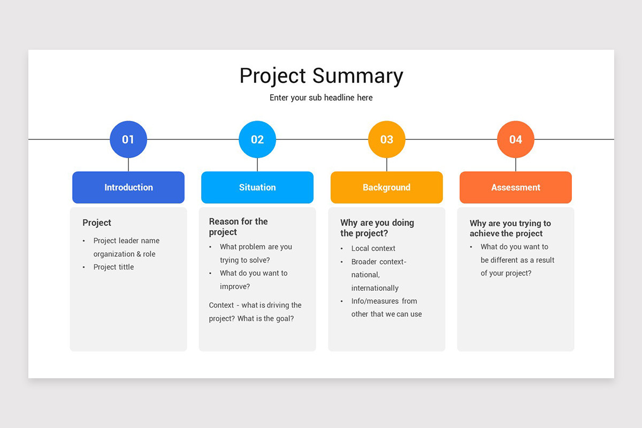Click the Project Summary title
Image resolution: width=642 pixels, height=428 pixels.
coord(321,76)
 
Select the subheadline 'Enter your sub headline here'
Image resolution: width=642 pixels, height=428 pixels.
coord(321,98)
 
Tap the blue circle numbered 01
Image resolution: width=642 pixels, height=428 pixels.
coord(128,140)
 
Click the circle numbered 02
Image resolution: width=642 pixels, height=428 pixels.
coord(257,140)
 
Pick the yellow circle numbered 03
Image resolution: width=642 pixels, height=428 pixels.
coord(387,140)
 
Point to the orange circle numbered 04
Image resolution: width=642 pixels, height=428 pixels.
coord(516,140)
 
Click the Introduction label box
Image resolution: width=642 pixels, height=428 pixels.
coord(128,187)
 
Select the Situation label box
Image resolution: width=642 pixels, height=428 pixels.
coord(257,187)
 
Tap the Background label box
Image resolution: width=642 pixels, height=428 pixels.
coord(387,187)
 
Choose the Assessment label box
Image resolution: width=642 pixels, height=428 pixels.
coord(516,187)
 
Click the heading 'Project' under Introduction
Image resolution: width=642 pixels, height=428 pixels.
coord(97,223)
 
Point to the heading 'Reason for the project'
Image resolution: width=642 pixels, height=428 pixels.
coord(238,227)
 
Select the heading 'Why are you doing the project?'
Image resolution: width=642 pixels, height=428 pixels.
coord(377,228)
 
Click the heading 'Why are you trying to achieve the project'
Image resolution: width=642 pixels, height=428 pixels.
coord(510,228)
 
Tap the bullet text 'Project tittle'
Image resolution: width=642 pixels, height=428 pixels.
coord(113,267)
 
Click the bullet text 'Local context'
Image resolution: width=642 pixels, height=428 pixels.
coord(373,248)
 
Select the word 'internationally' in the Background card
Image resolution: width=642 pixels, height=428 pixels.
coord(374,288)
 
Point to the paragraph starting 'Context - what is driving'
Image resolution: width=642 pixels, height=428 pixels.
coord(255,312)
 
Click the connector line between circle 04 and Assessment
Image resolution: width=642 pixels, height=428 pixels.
coord(516,165)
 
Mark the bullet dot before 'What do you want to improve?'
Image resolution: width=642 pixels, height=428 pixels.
coord(210,273)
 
